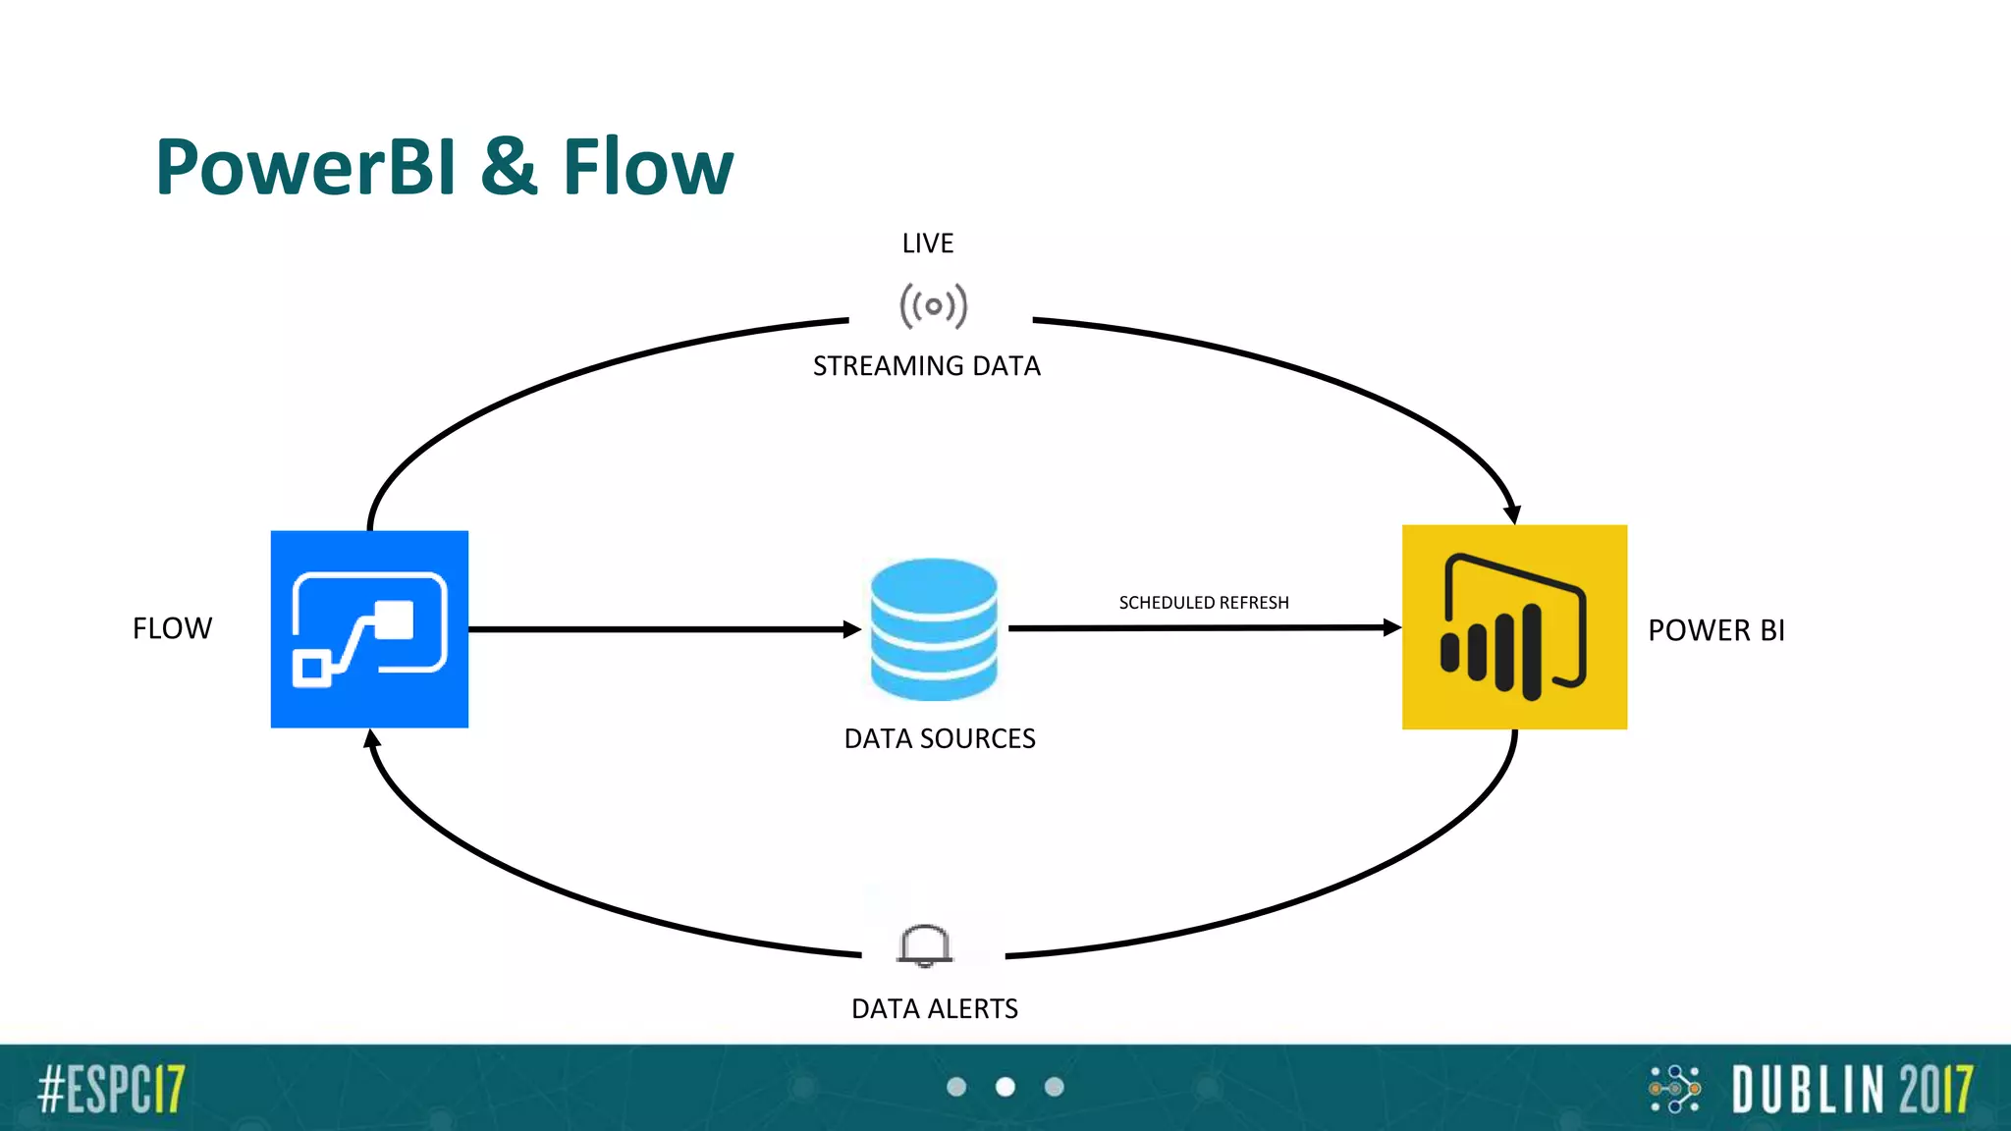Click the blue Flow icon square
coord(369,629)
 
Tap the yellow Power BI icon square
coord(1514,627)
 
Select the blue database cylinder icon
coord(934,629)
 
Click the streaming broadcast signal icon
coord(934,305)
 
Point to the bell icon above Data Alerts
coord(924,945)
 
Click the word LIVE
coord(928,243)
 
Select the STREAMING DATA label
coord(926,366)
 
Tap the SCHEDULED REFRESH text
coord(1204,603)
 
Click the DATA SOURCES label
coord(940,738)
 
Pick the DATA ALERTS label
coord(934,1009)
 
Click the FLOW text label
coord(173,628)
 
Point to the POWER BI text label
coord(1716,630)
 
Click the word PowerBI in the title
coord(305,167)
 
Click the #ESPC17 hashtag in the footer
coord(111,1089)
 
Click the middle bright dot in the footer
coord(1005,1087)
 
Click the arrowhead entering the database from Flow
coord(852,629)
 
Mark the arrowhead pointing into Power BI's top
coord(1512,513)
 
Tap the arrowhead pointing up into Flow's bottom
coord(371,739)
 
